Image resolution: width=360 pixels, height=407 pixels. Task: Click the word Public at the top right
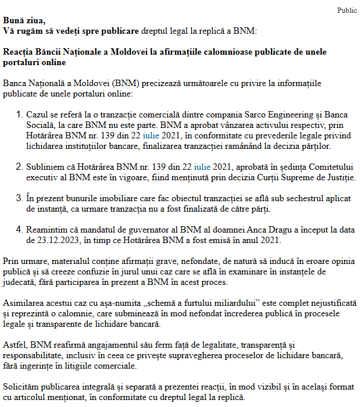347,10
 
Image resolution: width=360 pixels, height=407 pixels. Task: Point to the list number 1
19,115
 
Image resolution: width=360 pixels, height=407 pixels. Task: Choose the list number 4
19,230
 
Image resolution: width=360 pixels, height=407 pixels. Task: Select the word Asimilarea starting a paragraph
23,304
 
